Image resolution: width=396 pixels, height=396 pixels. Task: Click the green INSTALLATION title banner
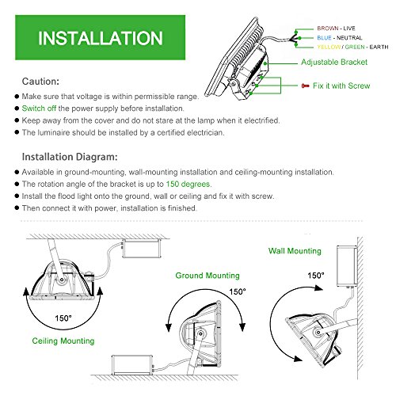pos(100,37)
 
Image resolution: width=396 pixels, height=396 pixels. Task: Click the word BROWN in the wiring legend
pos(328,29)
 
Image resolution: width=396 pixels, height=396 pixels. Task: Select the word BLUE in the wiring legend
pos(324,38)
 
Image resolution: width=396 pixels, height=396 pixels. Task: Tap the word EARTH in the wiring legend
pos(379,47)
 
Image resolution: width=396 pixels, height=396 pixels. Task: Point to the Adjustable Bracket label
pos(334,62)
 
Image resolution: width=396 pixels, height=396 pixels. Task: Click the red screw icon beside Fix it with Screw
pos(305,86)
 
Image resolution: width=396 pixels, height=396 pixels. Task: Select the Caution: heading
pos(40,82)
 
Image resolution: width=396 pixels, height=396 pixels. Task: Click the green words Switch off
pos(39,109)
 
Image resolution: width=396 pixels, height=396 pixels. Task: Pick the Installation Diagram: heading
pos(70,157)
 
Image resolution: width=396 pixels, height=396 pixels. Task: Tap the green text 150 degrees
pos(188,184)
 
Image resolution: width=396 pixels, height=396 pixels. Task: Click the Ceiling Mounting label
pos(63,341)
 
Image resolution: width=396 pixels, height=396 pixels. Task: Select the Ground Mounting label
pos(208,276)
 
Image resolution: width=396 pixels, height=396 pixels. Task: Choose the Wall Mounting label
pos(295,251)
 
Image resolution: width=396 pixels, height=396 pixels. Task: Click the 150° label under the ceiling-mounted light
pos(63,318)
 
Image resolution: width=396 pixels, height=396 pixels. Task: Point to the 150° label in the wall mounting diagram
pos(316,276)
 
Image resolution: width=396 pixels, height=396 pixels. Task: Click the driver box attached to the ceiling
pos(142,249)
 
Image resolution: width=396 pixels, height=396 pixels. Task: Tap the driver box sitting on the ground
pos(132,365)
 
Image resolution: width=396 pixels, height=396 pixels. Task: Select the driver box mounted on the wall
pos(347,266)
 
